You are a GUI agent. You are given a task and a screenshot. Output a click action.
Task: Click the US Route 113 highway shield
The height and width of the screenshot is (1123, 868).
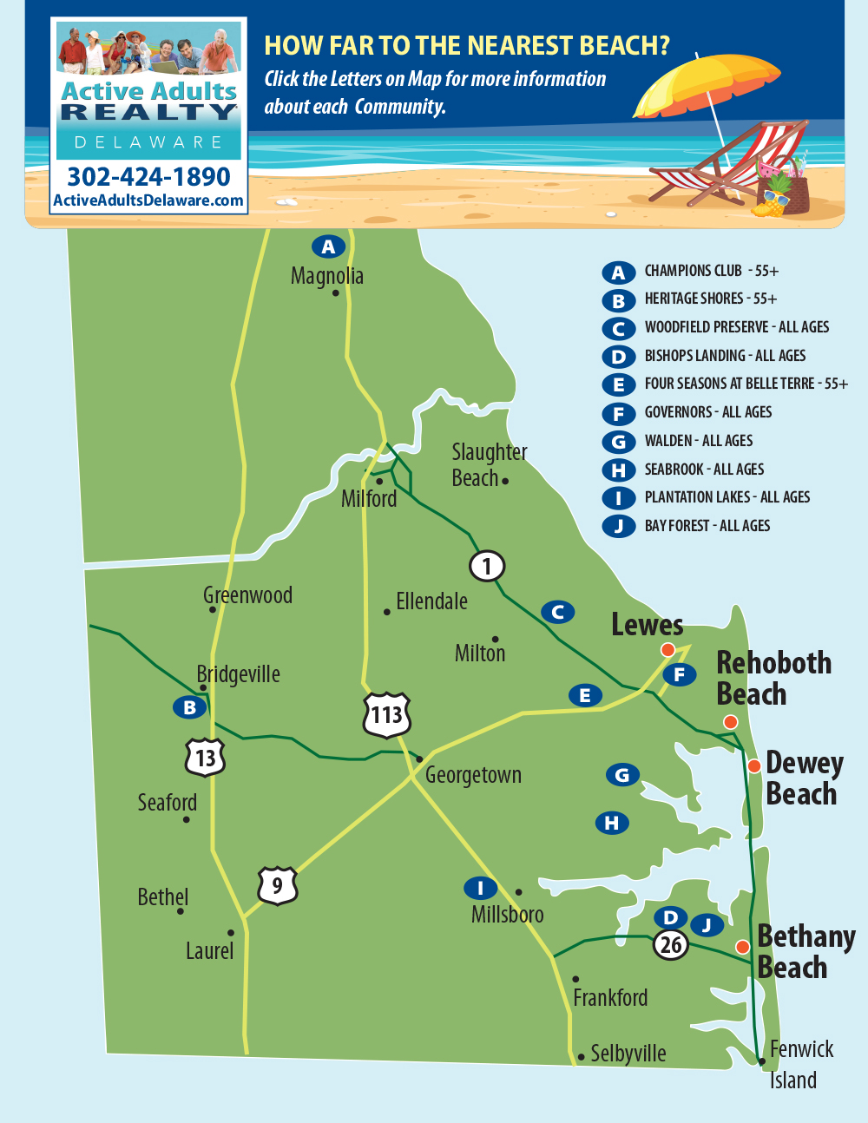[x=386, y=714]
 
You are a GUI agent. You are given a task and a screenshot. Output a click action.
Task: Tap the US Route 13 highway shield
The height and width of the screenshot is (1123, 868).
[x=205, y=758]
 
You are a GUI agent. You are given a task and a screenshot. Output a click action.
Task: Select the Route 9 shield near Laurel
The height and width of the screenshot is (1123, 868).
[x=277, y=885]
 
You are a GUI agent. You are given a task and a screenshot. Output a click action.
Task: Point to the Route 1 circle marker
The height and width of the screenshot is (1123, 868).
[x=487, y=567]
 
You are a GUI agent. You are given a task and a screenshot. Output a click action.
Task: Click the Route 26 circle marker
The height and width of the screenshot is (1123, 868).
[x=671, y=944]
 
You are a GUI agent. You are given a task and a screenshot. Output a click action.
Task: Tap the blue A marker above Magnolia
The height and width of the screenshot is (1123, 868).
[x=328, y=246]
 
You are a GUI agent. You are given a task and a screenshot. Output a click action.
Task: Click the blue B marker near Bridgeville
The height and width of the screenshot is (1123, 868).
[x=189, y=707]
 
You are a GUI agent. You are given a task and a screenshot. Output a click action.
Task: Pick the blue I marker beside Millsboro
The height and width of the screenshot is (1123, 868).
[x=480, y=888]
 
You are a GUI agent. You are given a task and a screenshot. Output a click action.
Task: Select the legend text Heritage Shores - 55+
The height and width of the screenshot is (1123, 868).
[x=710, y=299]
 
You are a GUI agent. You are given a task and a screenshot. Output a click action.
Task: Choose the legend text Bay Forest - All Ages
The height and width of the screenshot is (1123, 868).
[x=707, y=526]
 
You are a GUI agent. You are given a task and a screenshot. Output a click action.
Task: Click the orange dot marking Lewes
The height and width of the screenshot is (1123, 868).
[x=667, y=650]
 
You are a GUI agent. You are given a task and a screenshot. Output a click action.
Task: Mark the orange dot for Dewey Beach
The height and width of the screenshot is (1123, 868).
[x=754, y=765]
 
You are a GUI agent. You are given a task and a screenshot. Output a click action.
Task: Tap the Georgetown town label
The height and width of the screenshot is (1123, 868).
[x=473, y=775]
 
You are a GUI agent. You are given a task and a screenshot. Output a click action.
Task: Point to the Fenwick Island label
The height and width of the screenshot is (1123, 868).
[x=799, y=1064]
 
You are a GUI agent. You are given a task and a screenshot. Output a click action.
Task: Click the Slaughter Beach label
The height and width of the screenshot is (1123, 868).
[x=488, y=465]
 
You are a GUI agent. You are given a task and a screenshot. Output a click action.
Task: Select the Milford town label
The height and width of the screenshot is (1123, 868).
[x=369, y=499]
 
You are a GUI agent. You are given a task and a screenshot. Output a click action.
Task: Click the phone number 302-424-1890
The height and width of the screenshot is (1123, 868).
[x=148, y=177]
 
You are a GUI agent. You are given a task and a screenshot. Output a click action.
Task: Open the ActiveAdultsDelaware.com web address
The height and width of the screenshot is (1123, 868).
[x=148, y=200]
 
